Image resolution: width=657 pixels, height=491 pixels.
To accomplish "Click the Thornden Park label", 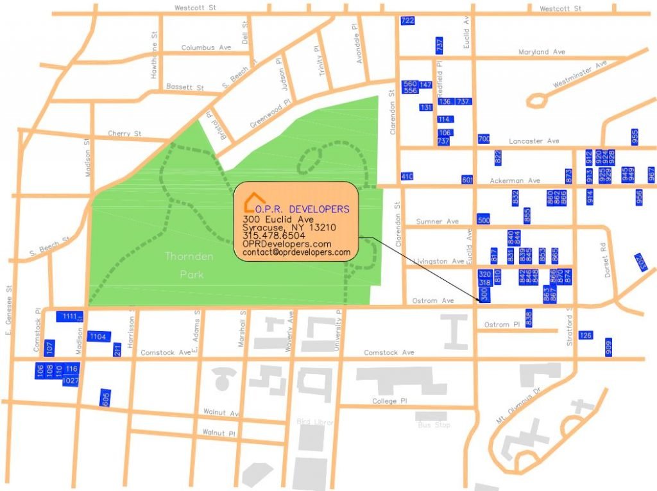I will [185, 265].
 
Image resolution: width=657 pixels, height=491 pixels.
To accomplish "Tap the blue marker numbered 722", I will [407, 21].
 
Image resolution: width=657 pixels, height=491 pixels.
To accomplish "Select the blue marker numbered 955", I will [635, 137].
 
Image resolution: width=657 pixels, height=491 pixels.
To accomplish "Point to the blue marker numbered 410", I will [407, 177].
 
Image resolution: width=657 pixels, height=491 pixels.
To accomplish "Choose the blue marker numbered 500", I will [484, 220].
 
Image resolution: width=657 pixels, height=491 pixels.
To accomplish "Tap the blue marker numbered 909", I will [608, 347].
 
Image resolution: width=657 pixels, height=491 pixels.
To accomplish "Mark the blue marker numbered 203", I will [641, 262].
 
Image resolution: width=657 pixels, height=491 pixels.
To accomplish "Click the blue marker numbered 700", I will [484, 139].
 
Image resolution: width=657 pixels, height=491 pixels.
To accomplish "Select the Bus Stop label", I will [434, 425].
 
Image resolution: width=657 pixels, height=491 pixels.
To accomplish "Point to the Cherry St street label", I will [124, 134].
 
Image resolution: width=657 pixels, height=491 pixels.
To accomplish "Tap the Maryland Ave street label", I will [542, 52].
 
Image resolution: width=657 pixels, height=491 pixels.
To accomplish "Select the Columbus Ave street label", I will [206, 47].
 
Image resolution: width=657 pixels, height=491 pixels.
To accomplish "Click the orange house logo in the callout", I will [255, 202].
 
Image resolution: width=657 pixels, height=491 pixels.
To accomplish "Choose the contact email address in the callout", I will [296, 253].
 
